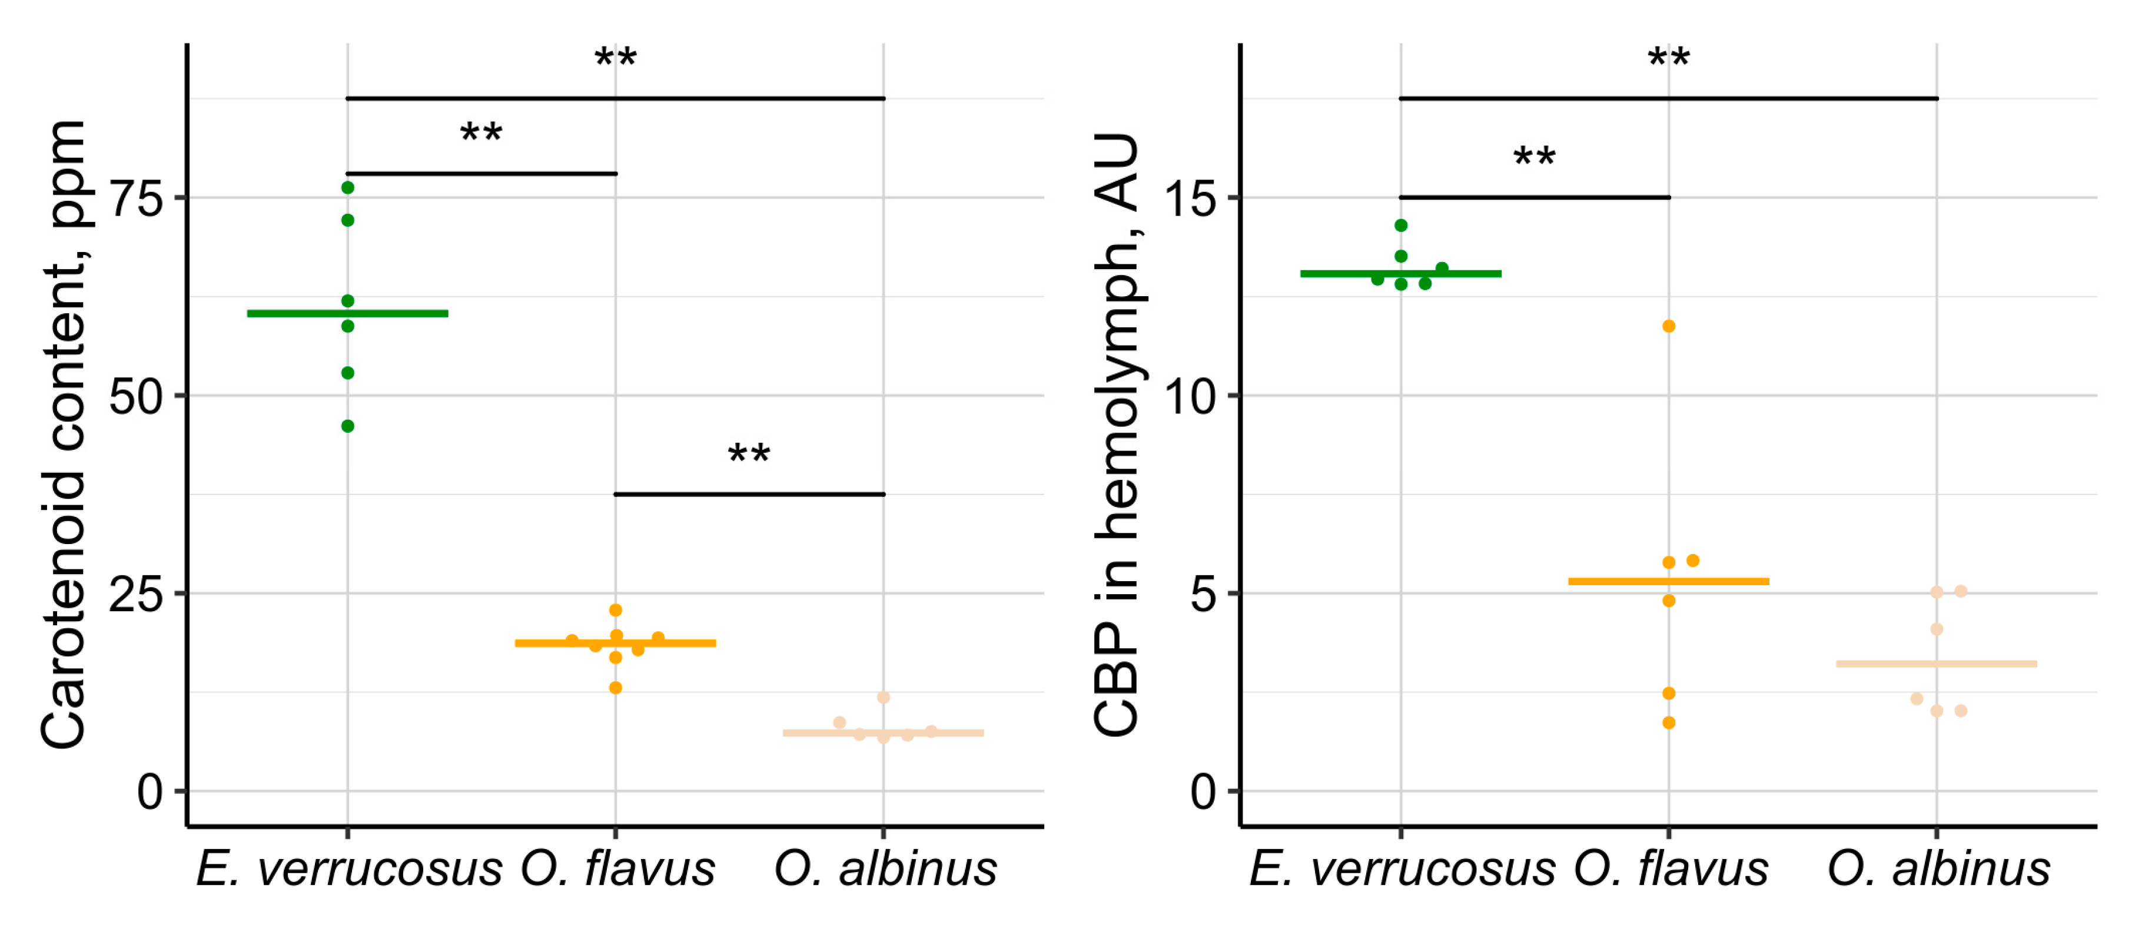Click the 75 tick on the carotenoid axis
(x=136, y=199)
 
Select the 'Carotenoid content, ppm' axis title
(x=64, y=433)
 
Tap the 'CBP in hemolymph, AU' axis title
(x=1116, y=433)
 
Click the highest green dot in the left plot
(x=348, y=188)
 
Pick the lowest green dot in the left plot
(x=348, y=426)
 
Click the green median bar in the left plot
(x=348, y=314)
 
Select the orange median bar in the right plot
(x=1669, y=581)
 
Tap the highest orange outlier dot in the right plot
(x=1669, y=326)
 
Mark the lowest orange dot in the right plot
(x=1669, y=722)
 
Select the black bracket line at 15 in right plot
(x=1534, y=197)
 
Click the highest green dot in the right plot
(x=1402, y=226)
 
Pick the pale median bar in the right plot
(x=1937, y=664)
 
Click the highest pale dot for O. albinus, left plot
(x=884, y=698)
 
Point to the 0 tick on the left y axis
(x=150, y=792)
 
